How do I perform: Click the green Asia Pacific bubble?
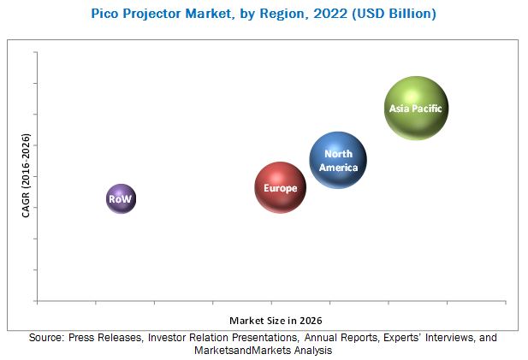pyautogui.click(x=416, y=108)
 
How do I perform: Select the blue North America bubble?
pyautogui.click(x=338, y=160)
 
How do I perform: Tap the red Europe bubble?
pyautogui.click(x=280, y=187)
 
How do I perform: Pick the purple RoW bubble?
pyautogui.click(x=121, y=198)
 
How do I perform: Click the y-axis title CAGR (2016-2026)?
pyautogui.click(x=27, y=175)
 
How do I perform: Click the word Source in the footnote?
pyautogui.click(x=48, y=338)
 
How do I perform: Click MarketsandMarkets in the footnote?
pyautogui.click(x=237, y=351)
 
